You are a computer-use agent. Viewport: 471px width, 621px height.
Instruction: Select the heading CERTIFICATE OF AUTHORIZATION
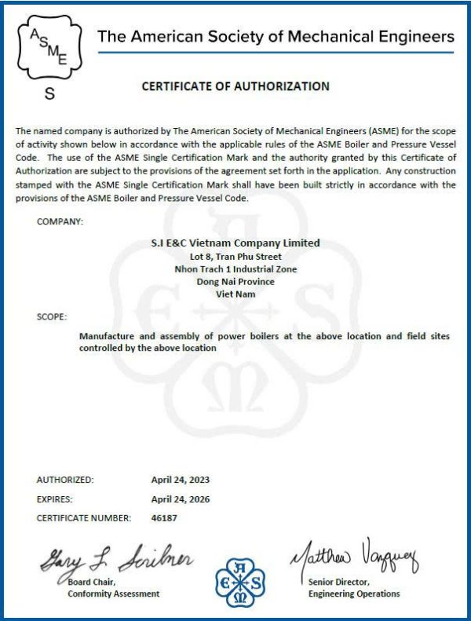click(235, 86)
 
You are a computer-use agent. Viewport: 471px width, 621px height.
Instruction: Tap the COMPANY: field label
click(60, 222)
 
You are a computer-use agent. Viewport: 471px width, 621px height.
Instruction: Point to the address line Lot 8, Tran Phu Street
click(235, 256)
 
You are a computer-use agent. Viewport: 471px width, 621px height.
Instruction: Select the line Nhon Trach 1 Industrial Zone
click(235, 268)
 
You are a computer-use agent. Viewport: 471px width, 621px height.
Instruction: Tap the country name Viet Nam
click(235, 294)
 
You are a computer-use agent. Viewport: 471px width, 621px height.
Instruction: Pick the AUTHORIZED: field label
click(65, 479)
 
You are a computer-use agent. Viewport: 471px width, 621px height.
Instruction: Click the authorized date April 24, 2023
click(181, 479)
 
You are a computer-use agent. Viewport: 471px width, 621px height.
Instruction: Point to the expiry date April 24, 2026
click(181, 499)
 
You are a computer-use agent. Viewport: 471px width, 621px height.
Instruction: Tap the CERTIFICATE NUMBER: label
click(82, 518)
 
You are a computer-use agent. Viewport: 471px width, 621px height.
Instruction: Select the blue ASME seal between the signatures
click(240, 582)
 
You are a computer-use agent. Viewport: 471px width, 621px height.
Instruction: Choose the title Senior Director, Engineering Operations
click(353, 588)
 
